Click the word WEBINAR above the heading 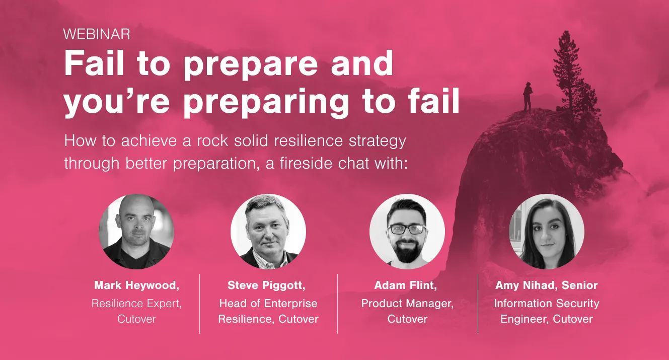97,34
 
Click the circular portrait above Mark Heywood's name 136,232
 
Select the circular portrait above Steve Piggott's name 268,232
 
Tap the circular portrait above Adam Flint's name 407,232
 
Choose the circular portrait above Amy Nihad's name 546,232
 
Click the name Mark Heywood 136,285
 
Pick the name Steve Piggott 267,285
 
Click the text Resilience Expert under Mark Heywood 136,304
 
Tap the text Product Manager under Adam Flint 407,304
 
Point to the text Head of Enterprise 268,304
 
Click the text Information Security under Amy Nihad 546,304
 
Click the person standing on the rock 528,97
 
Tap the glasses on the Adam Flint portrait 408,229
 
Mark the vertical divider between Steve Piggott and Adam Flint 337,304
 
